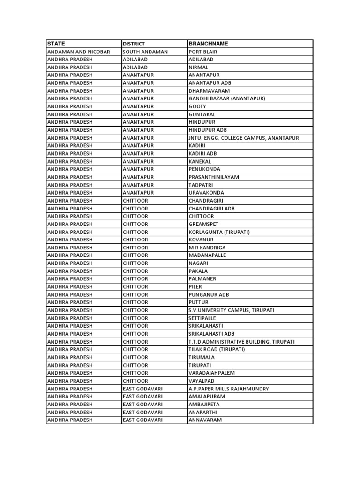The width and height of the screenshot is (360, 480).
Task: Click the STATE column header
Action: [x=56, y=44]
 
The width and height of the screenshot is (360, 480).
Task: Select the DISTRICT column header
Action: [x=134, y=44]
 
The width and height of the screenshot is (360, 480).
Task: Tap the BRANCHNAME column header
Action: [x=208, y=44]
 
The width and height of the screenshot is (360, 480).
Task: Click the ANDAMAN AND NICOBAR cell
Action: [x=79, y=52]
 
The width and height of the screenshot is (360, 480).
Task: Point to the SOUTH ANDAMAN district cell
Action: [x=145, y=52]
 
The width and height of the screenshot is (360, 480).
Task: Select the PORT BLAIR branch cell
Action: [x=203, y=52]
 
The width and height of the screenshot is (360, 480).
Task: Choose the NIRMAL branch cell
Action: [x=199, y=67]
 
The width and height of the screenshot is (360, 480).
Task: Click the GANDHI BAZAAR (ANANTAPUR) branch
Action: [x=227, y=98]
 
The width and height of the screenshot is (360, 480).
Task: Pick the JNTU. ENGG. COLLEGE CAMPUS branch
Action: [x=243, y=138]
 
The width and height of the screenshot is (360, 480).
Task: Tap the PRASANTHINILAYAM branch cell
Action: [x=214, y=177]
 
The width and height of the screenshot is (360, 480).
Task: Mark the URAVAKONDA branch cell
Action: [x=206, y=193]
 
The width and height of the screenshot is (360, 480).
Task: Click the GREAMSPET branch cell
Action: [x=203, y=224]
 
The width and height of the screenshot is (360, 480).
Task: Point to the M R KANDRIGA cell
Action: [x=207, y=247]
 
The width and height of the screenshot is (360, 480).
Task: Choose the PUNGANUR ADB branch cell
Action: [x=209, y=294]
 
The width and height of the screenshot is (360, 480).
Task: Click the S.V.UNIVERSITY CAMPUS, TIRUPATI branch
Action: [x=232, y=310]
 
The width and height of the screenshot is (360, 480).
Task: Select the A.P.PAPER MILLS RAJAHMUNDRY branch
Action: [x=229, y=389]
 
